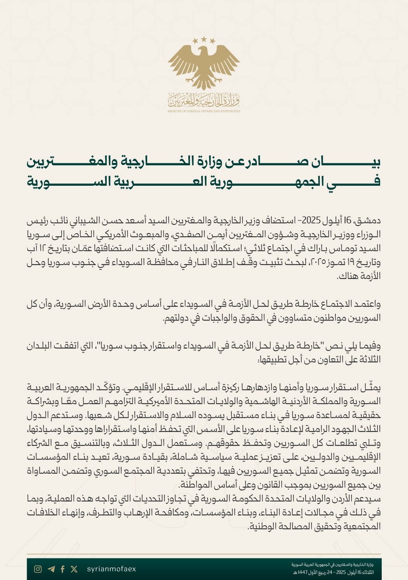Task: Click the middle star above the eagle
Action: tap(204, 39)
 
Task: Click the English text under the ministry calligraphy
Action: tap(204, 111)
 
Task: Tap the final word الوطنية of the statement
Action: tap(263, 526)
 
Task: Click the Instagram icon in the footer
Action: tap(38, 569)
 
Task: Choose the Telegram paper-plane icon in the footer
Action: tap(51, 569)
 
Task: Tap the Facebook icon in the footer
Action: tap(63, 569)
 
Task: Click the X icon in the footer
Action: tap(74, 569)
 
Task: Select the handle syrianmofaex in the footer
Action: tap(111, 569)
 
